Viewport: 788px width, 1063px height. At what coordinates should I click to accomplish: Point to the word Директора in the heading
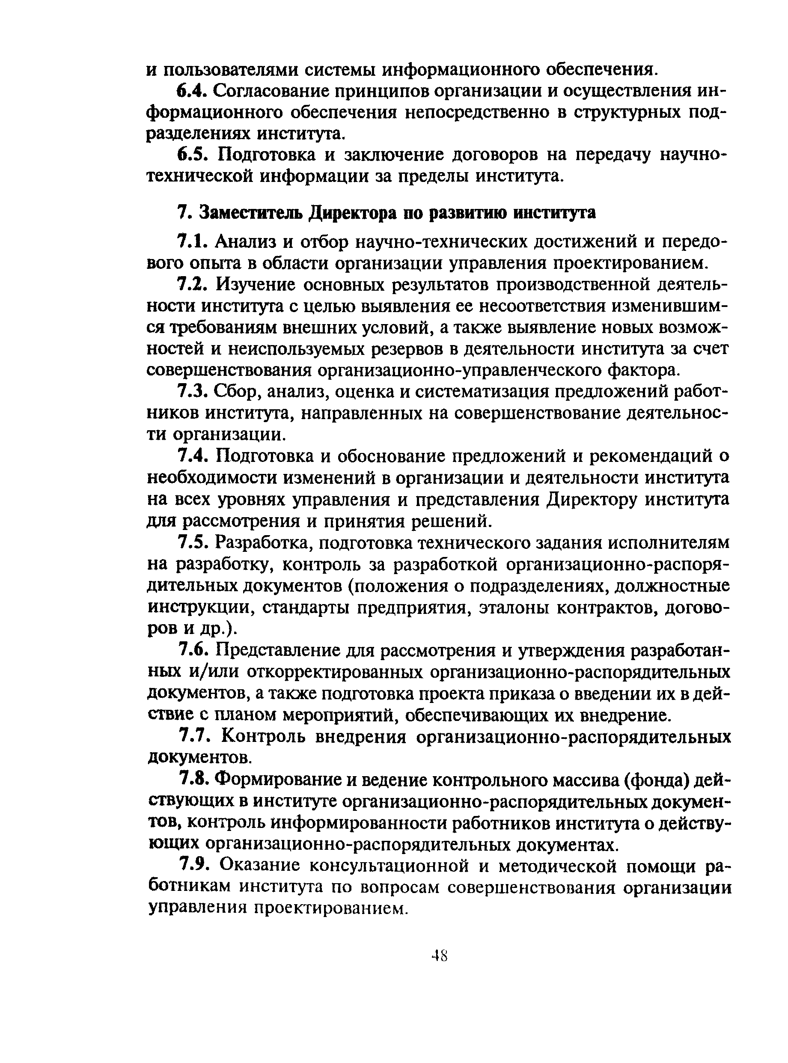(x=353, y=213)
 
